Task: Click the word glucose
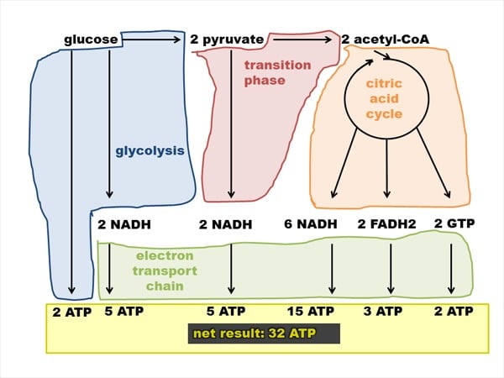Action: [x=91, y=40]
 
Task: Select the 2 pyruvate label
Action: [x=227, y=39]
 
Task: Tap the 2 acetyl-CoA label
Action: [x=385, y=39]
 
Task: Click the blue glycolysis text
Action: [x=150, y=150]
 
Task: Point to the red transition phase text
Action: [x=278, y=72]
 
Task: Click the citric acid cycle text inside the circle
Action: [x=384, y=98]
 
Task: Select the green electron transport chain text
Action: [x=165, y=270]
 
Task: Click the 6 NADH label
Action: [x=311, y=224]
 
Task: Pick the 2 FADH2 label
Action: [x=386, y=224]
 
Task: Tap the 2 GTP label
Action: [x=454, y=223]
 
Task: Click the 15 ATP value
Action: [x=311, y=311]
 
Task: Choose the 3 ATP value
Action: [x=383, y=311]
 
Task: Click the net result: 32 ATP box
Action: [x=264, y=333]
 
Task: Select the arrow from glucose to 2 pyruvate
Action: [x=152, y=39]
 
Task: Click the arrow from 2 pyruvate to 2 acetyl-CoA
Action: [x=302, y=39]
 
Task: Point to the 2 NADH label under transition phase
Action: [x=226, y=224]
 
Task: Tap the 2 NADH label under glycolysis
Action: [x=124, y=224]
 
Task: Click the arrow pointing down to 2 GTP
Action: [x=433, y=163]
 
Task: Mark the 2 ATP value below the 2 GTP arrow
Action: [x=454, y=311]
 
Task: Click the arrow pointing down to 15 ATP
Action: [x=332, y=269]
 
